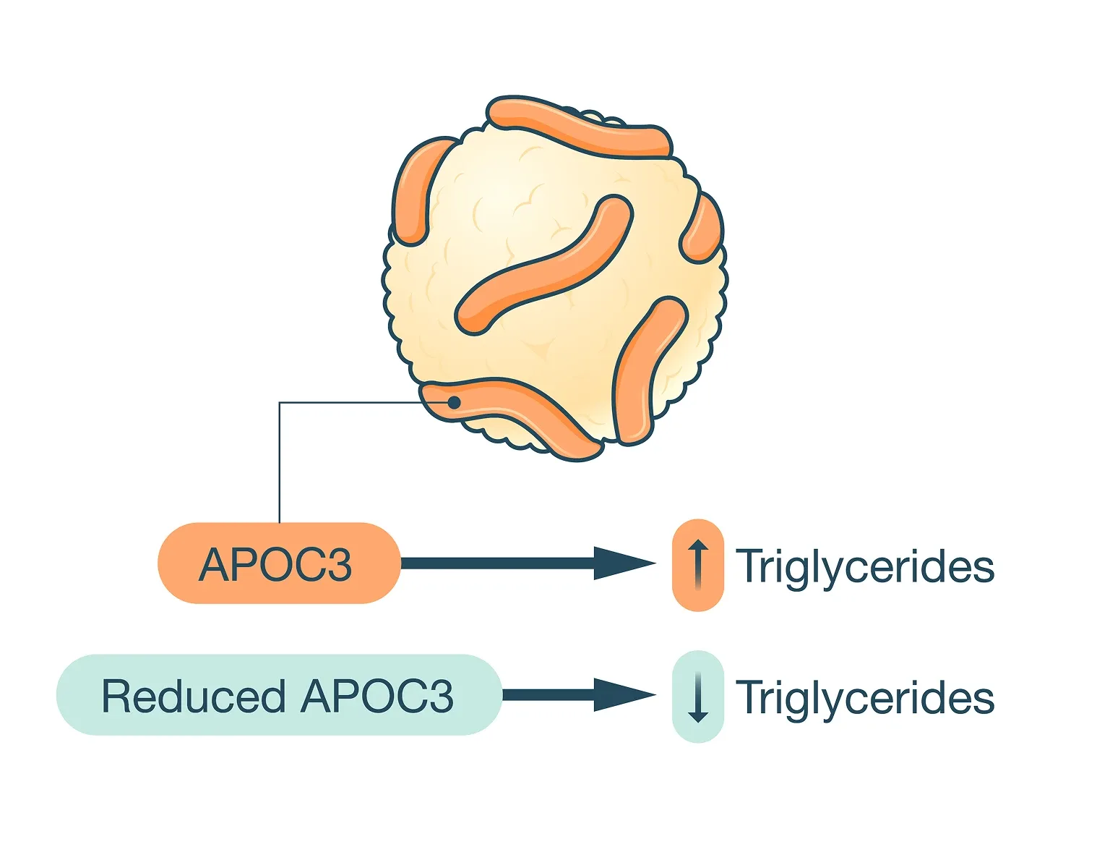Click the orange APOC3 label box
(x=278, y=563)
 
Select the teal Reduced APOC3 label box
(x=278, y=695)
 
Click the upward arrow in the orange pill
(x=697, y=565)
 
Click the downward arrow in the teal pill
(x=697, y=697)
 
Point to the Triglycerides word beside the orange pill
(x=865, y=566)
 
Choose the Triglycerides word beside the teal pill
(x=865, y=698)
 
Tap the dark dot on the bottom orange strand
(x=454, y=402)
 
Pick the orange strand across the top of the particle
(x=578, y=127)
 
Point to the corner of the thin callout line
(x=280, y=403)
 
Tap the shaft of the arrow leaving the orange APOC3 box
(x=499, y=563)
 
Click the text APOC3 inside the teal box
(x=377, y=697)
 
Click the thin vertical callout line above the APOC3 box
(x=280, y=463)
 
